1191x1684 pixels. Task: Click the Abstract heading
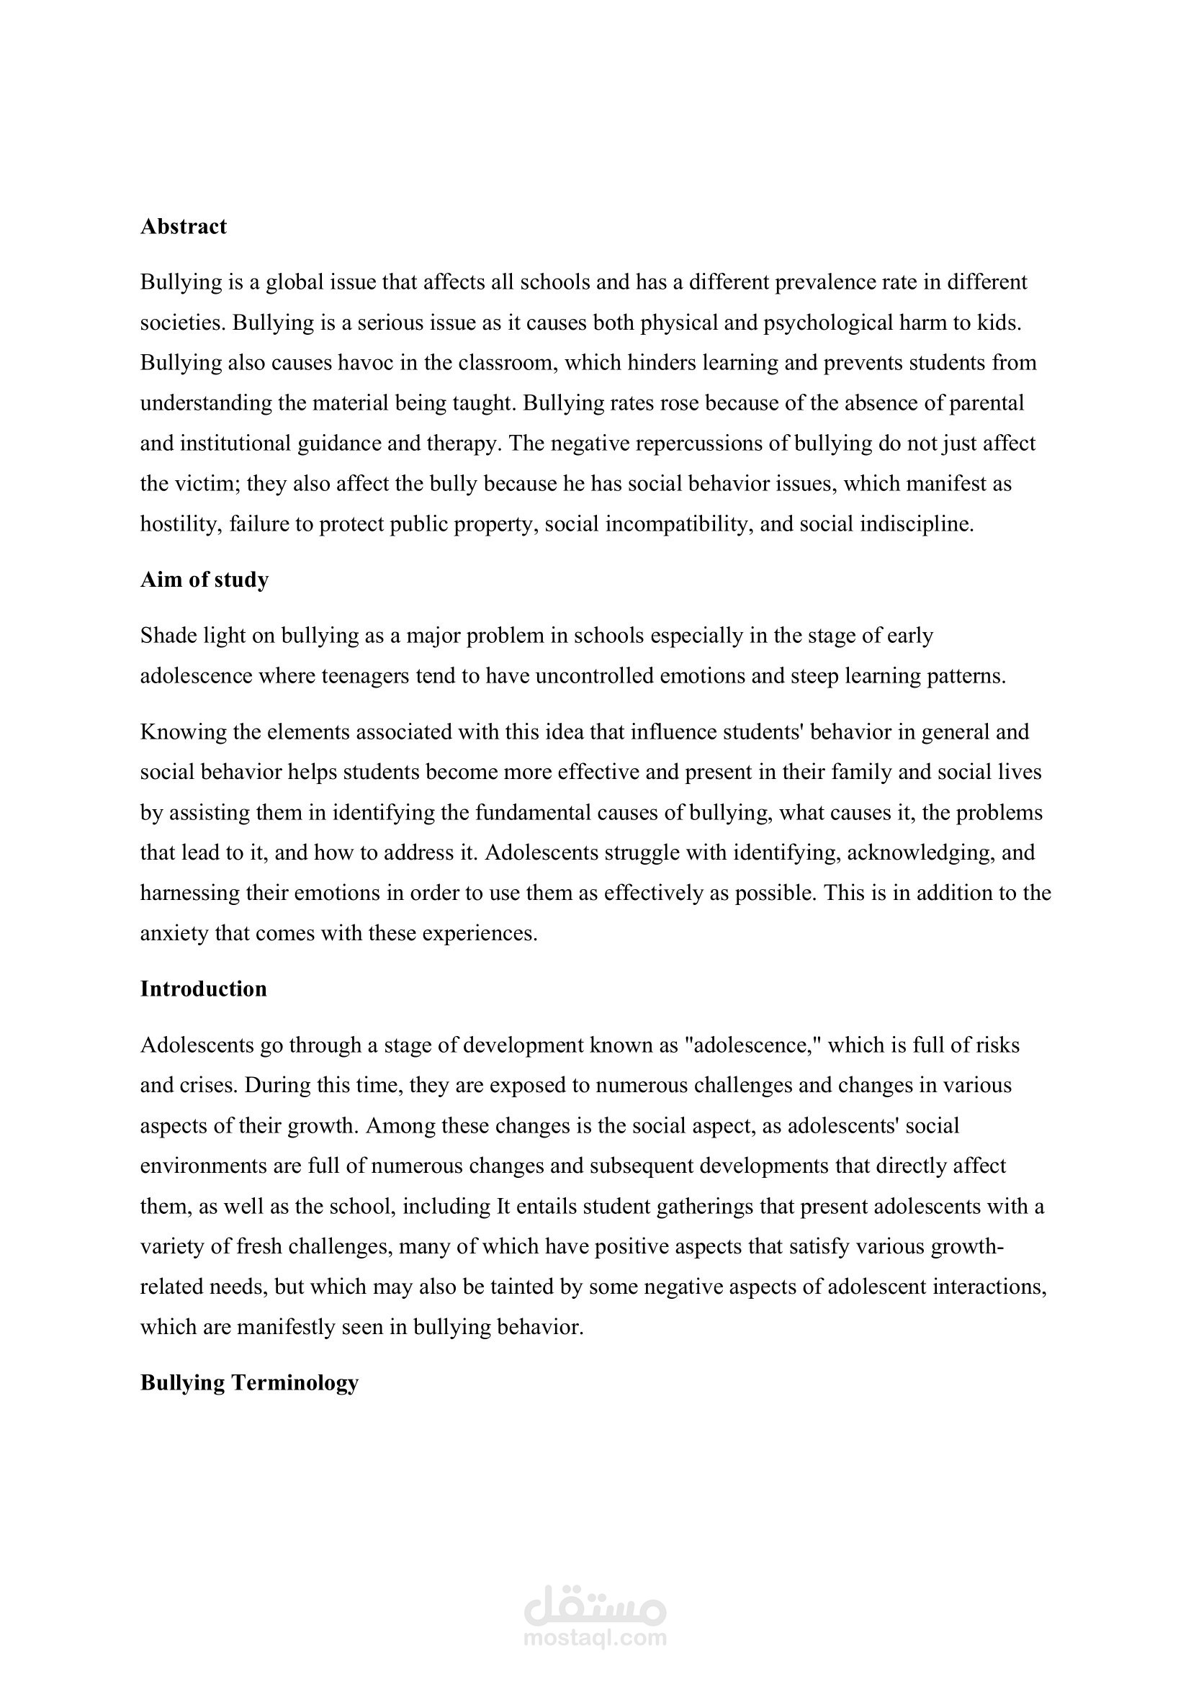184,227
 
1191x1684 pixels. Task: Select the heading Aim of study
205,580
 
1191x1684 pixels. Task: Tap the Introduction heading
204,989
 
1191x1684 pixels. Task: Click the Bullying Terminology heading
249,1382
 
